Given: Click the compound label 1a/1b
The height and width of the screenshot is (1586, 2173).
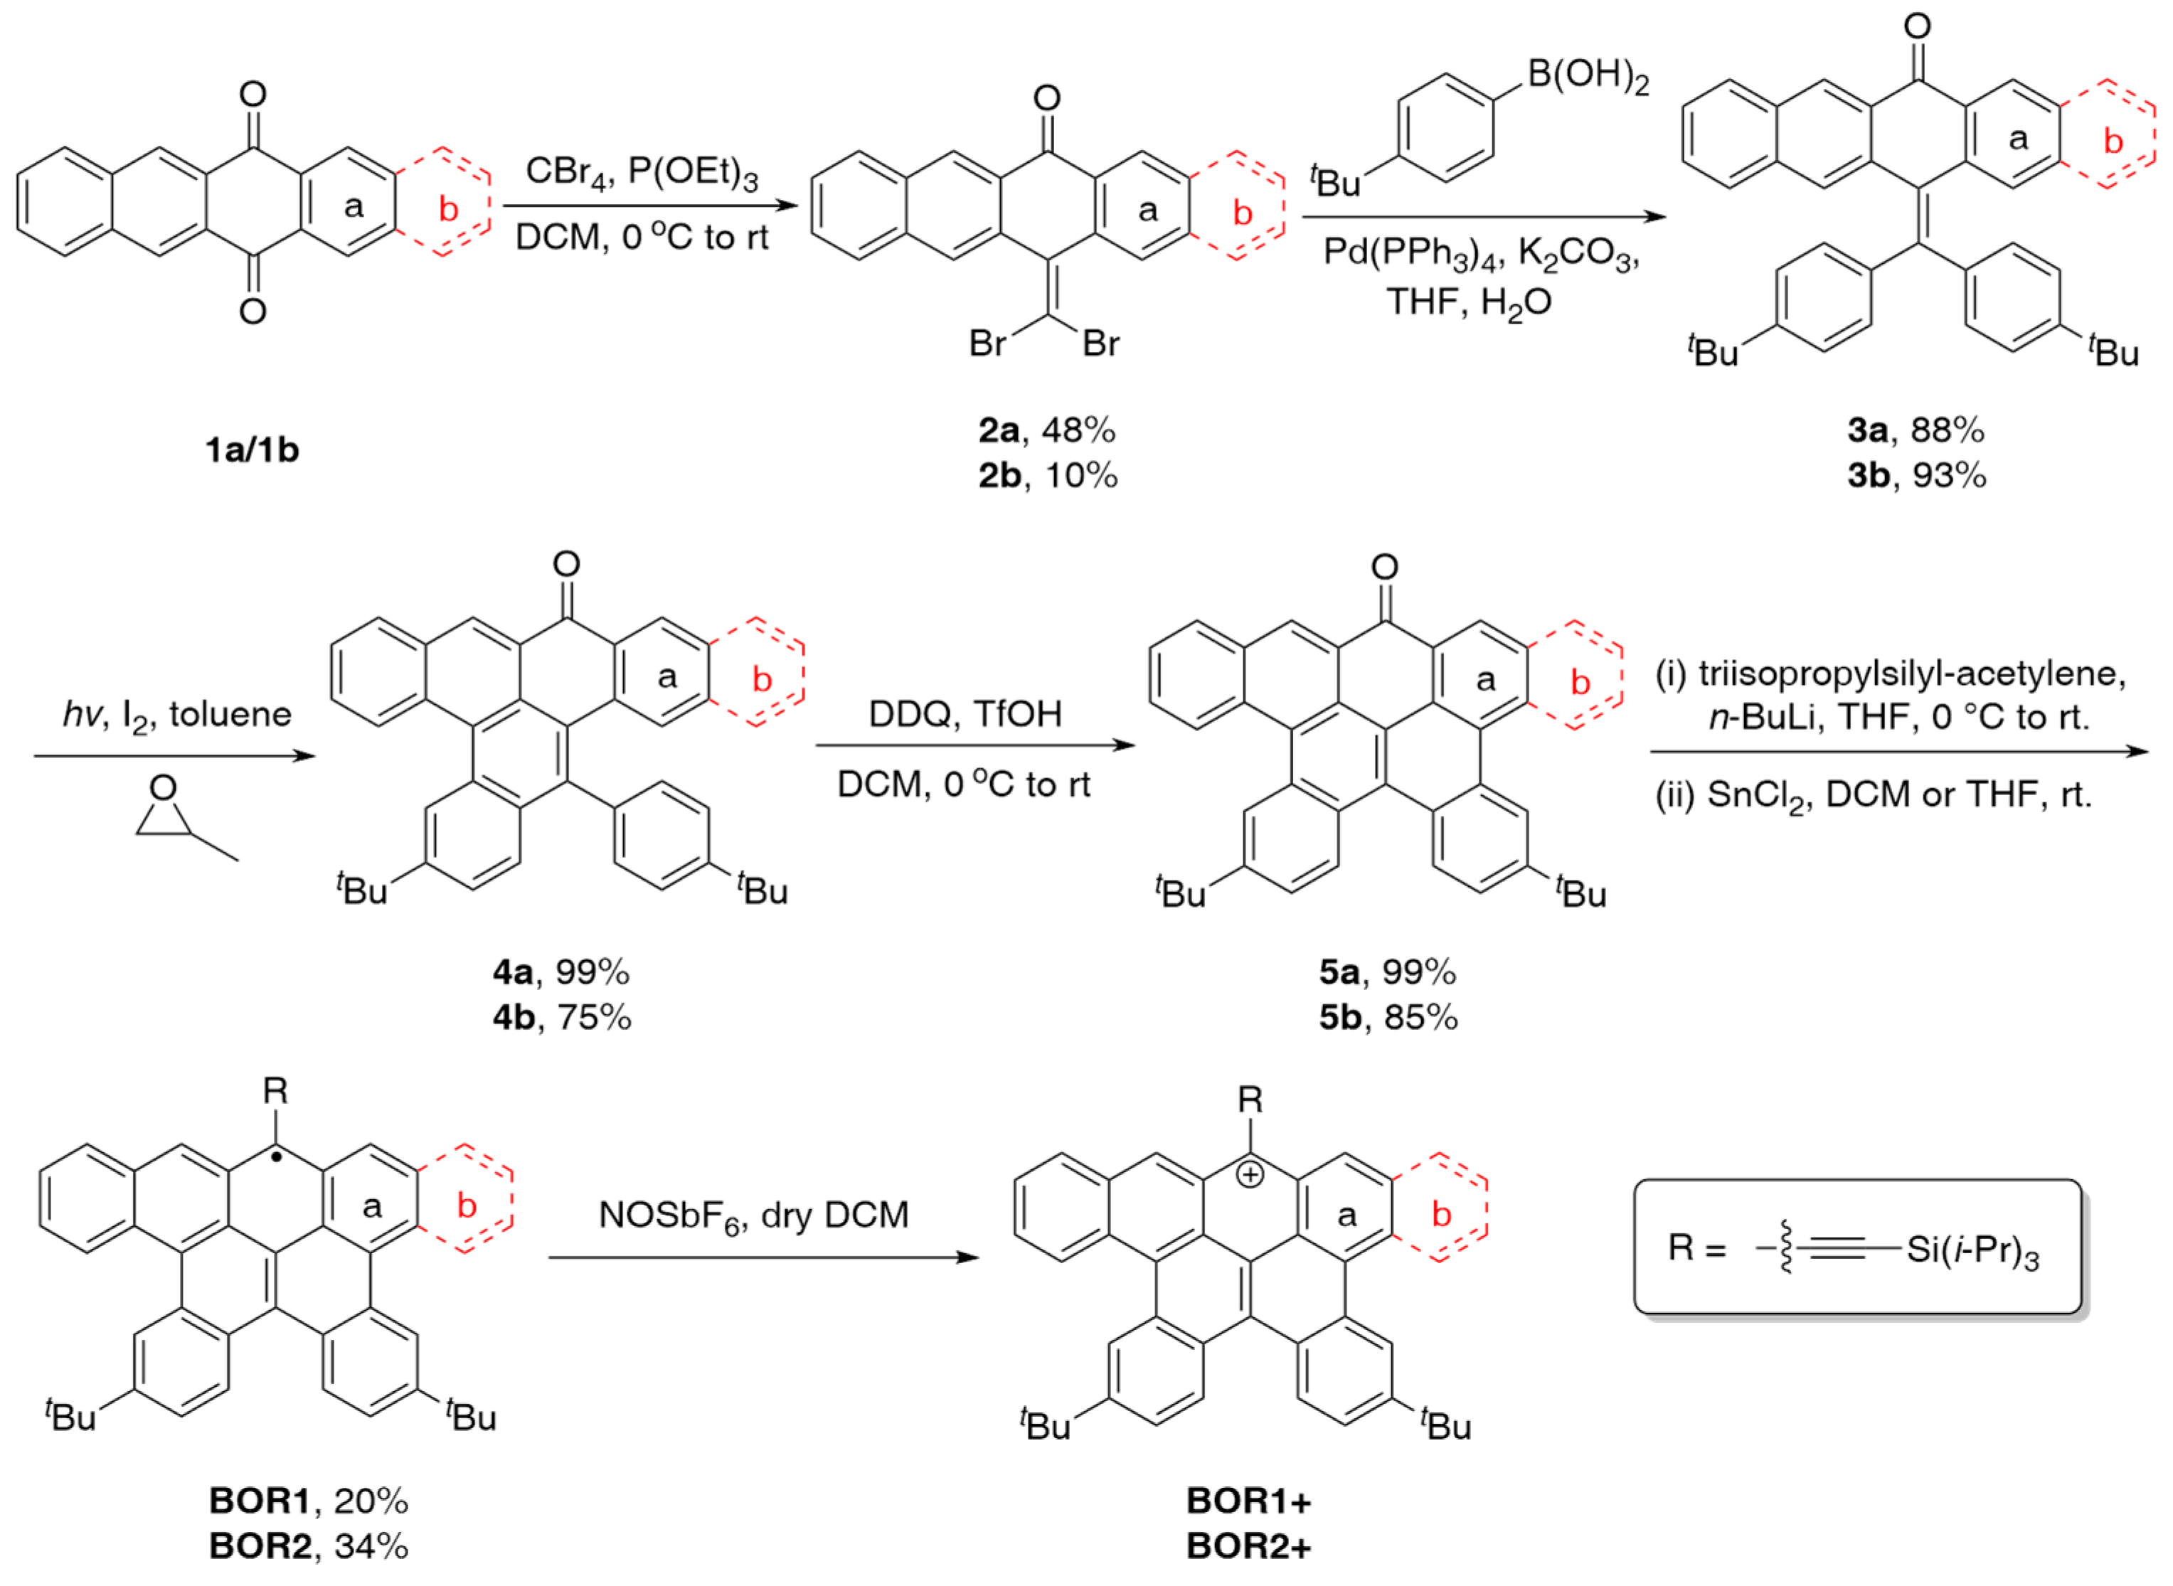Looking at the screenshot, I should (x=252, y=449).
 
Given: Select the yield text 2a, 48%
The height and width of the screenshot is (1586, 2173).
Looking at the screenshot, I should (x=1046, y=431).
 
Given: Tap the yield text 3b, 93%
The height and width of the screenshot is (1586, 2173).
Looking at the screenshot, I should (x=1916, y=475).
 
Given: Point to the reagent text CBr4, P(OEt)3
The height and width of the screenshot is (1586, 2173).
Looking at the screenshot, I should (x=642, y=173).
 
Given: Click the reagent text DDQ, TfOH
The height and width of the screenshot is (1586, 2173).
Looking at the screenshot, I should (x=965, y=714).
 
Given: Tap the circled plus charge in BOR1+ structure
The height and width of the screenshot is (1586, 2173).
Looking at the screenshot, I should (x=1249, y=1175).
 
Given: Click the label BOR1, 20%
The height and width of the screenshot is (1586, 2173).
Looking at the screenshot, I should (x=308, y=1501).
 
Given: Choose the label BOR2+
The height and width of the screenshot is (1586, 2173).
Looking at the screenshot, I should (x=1248, y=1545).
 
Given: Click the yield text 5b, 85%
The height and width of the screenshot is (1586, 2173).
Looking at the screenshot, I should (x=1388, y=1017).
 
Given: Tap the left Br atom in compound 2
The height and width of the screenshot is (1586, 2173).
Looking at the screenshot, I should (x=987, y=343).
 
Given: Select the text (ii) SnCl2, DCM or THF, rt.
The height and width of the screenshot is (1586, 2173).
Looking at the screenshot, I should (x=1872, y=795).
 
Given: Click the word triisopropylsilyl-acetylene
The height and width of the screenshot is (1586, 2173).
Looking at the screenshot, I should (x=1911, y=674).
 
